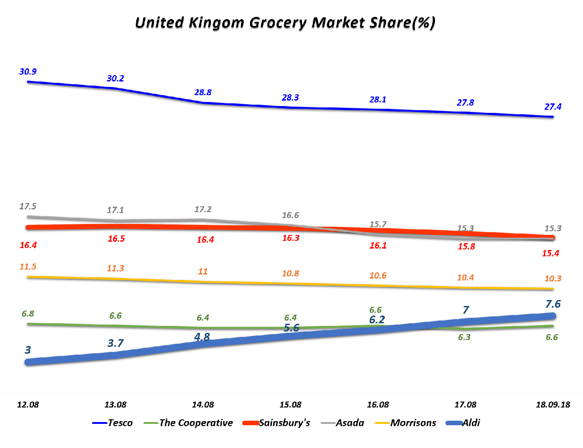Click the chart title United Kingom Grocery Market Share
point(285,22)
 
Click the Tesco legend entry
point(120,423)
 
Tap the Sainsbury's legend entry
point(284,423)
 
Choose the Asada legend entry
point(350,423)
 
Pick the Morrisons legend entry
point(413,423)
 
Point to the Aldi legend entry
point(471,423)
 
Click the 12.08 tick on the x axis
point(28,404)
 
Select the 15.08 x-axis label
point(290,404)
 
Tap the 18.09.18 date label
point(552,404)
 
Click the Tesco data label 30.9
point(28,71)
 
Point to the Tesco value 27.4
point(552,107)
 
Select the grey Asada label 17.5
point(28,206)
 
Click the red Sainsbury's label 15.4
point(550,253)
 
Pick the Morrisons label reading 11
point(203,271)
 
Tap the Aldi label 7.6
point(552,304)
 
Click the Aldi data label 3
point(28,350)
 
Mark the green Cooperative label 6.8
point(28,314)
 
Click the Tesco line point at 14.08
point(203,103)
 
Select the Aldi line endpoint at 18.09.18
point(552,316)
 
